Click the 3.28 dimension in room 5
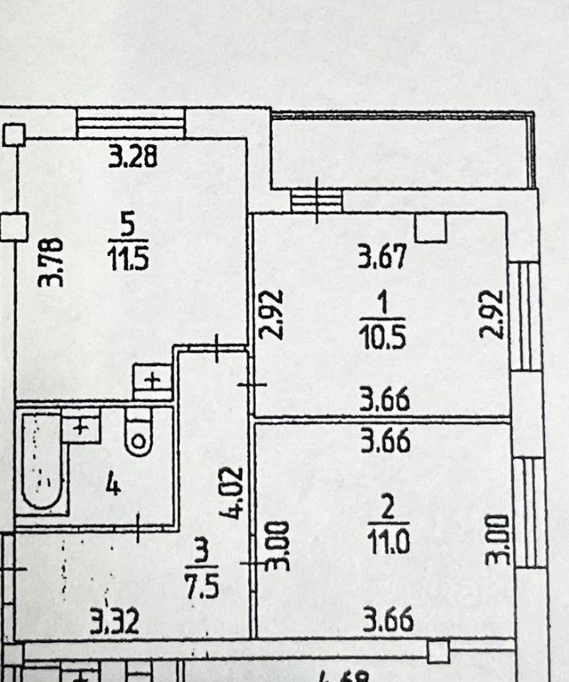tap(132, 156)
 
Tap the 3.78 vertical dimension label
tap(51, 262)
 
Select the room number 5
tap(129, 225)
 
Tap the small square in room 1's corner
tap(431, 227)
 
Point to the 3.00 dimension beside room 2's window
tap(499, 540)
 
